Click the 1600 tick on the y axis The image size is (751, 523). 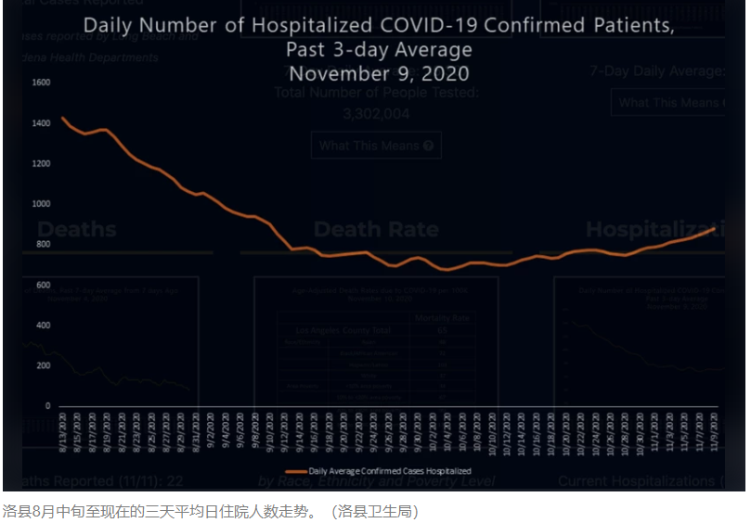click(x=41, y=83)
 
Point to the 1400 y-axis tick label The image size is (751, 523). click(x=41, y=123)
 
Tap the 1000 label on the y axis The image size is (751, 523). click(x=41, y=204)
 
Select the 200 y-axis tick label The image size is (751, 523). click(x=43, y=365)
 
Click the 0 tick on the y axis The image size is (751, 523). click(x=47, y=406)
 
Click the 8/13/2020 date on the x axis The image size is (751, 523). click(x=63, y=431)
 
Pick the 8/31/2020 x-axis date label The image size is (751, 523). click(x=196, y=431)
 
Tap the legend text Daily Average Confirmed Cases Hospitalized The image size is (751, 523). click(x=390, y=471)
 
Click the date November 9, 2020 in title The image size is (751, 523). click(x=379, y=73)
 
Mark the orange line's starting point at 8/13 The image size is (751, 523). click(x=62, y=118)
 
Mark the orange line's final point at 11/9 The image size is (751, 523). click(x=714, y=228)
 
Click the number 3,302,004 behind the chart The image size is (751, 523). click(x=376, y=114)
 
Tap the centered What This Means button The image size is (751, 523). click(x=376, y=146)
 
